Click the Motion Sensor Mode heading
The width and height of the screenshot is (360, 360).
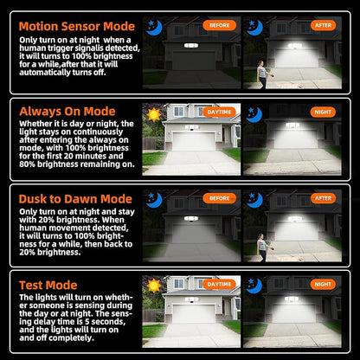(77, 26)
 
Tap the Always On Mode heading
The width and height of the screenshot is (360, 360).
(67, 112)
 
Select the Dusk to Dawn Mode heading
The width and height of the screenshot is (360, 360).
(75, 199)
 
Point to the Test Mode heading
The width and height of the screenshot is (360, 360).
(48, 286)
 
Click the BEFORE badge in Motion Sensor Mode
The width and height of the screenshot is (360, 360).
(219, 25)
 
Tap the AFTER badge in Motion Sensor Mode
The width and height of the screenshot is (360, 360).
(323, 25)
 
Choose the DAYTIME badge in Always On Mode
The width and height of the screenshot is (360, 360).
(219, 112)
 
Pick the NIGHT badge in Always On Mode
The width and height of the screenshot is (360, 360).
(323, 112)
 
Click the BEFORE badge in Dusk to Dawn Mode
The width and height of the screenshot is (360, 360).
(219, 198)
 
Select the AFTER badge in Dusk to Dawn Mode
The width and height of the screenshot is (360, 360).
(323, 198)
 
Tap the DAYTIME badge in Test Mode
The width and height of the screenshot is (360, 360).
(219, 285)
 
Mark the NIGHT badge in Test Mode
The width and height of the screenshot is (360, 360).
(323, 285)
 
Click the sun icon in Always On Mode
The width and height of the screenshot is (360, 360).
(154, 115)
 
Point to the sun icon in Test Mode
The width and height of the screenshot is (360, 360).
(154, 286)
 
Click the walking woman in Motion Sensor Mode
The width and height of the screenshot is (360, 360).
(263, 74)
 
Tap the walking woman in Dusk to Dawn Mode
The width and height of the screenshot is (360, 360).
(263, 247)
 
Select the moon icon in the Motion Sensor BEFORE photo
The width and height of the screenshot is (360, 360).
(154, 28)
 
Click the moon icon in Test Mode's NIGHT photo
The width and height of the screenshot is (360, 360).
(254, 286)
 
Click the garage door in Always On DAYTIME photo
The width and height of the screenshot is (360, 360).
(194, 142)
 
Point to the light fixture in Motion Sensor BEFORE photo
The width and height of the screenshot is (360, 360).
(191, 46)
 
